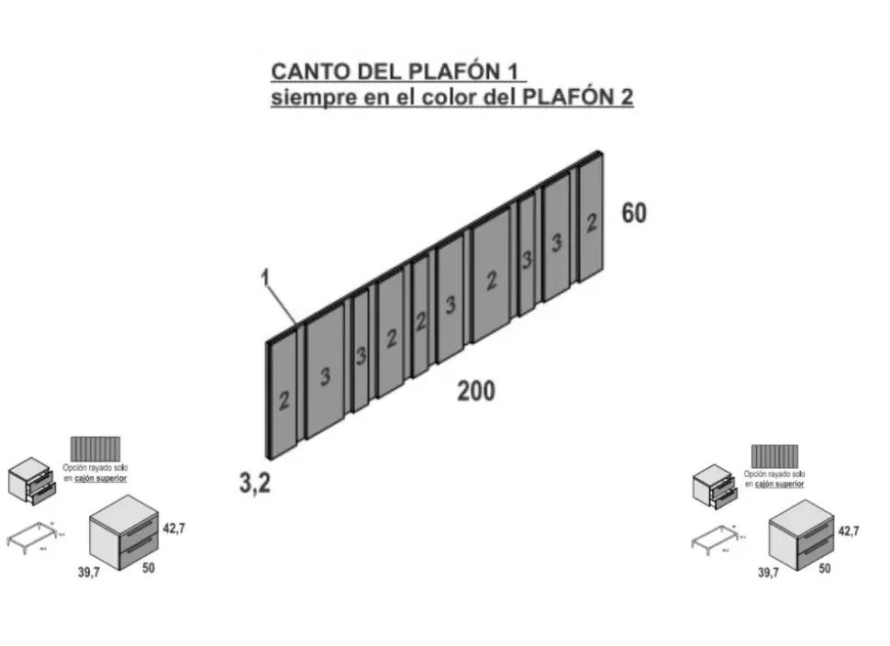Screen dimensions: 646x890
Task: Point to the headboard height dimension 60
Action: point(634,213)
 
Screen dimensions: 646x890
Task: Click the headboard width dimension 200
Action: point(476,391)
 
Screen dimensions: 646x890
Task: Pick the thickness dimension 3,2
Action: point(255,484)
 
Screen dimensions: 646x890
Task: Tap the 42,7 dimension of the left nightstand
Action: point(175,529)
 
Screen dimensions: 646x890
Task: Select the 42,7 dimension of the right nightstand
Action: point(849,530)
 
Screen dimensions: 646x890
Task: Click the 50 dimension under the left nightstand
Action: point(149,569)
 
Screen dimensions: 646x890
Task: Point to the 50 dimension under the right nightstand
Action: point(825,570)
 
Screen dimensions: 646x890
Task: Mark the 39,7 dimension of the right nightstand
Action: point(769,572)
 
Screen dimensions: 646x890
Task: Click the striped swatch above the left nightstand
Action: point(95,450)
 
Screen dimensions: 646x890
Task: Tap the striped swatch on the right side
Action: point(774,456)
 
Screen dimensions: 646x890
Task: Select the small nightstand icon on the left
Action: point(31,481)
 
